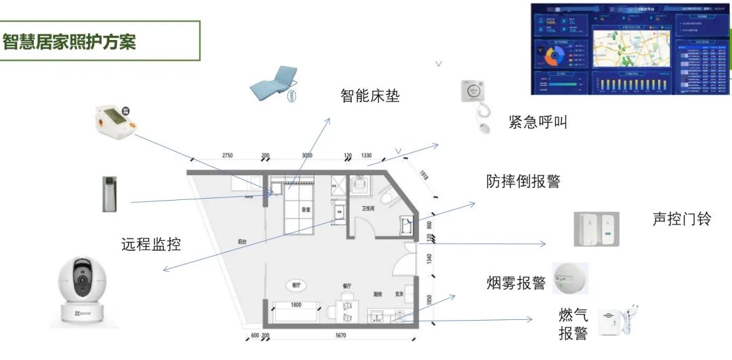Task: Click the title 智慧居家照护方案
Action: tap(69, 41)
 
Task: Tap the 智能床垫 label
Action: tap(369, 96)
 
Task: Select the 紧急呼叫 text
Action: tap(537, 122)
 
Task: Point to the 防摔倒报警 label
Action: tap(523, 181)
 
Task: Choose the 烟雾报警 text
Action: tap(516, 283)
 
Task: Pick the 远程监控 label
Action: tap(151, 244)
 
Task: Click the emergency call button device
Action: tap(477, 102)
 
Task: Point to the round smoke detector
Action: tap(571, 279)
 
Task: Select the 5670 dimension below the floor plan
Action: tap(340, 335)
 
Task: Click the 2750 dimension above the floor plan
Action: tap(227, 156)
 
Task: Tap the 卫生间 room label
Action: tap(369, 209)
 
